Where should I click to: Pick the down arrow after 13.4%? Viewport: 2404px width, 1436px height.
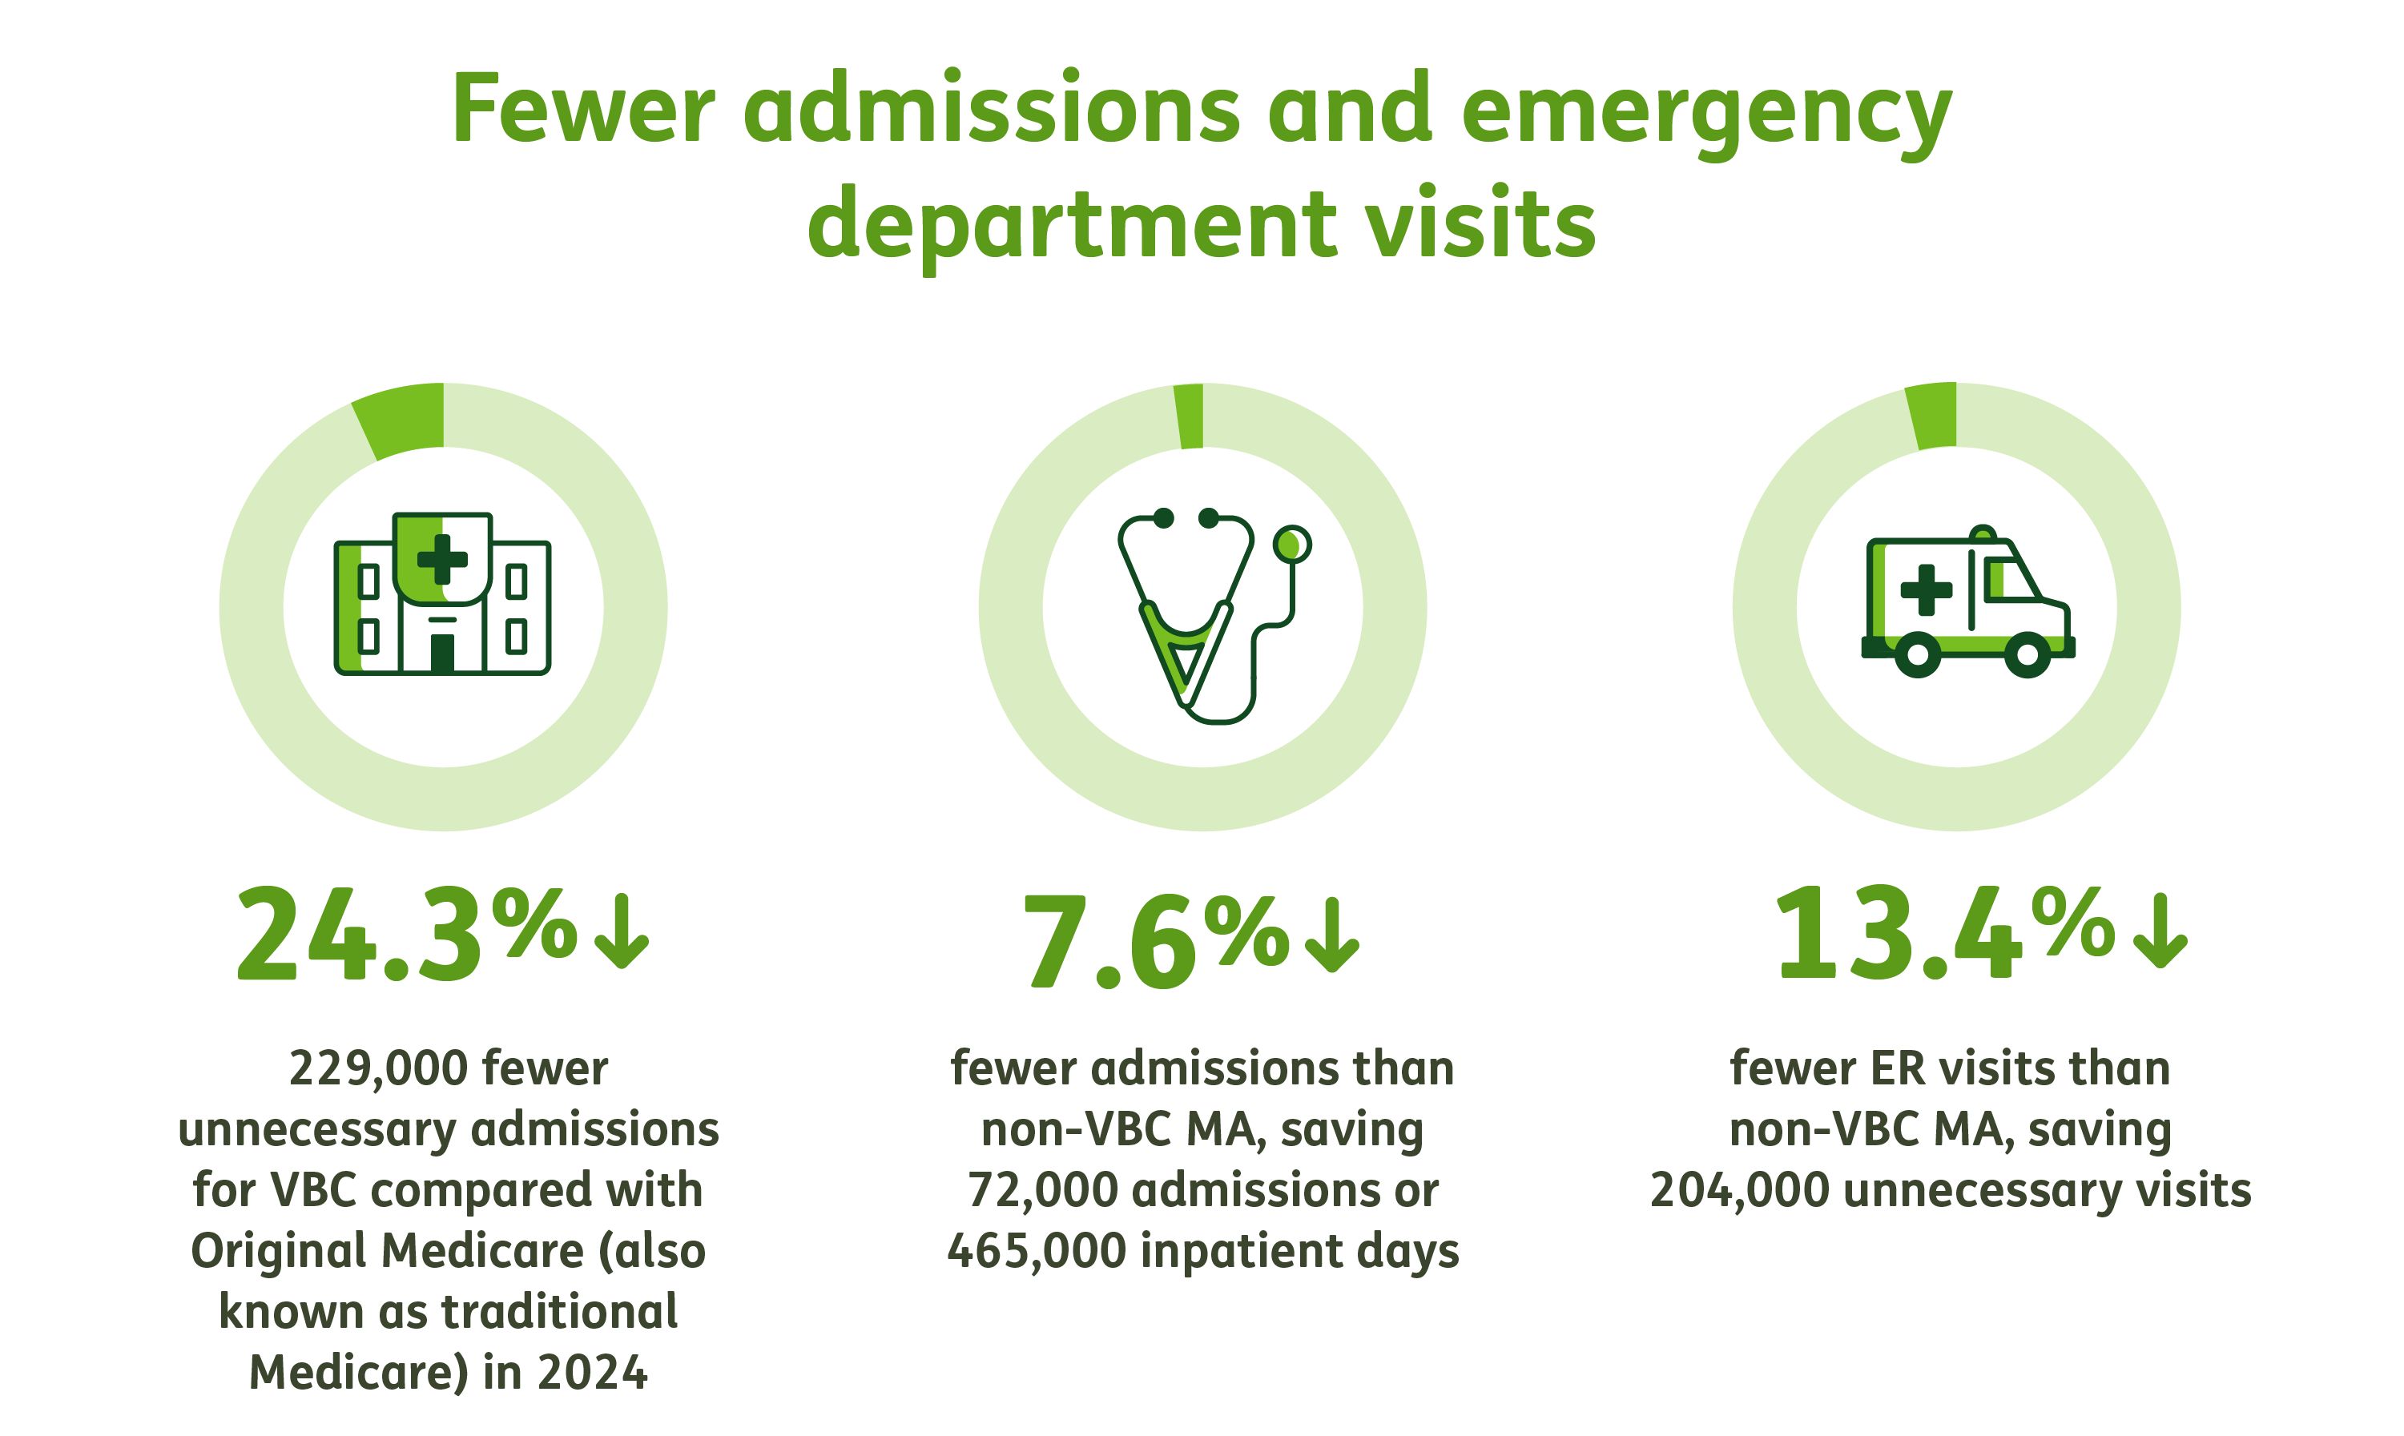click(x=2158, y=931)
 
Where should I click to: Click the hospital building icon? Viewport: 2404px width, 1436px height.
click(x=442, y=594)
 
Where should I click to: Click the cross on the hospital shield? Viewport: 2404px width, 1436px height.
click(x=442, y=559)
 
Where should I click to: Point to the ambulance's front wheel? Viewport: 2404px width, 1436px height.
click(x=2027, y=654)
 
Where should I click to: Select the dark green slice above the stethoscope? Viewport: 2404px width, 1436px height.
click(x=1190, y=416)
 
